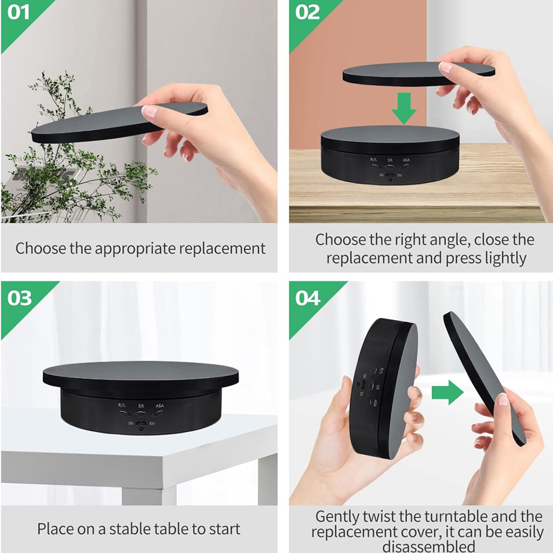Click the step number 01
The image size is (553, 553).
pos(19,12)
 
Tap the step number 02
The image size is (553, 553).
pos(308,12)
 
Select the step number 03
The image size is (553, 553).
pos(19,298)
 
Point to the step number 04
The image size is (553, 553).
pos(308,298)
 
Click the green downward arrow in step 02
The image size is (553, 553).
pos(404,109)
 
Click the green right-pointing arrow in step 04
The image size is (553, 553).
pos(447,392)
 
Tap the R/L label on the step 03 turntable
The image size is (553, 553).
pos(122,405)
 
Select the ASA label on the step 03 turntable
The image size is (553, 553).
pos(160,406)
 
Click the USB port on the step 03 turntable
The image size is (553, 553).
pos(141,423)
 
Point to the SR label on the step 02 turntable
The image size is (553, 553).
pos(390,160)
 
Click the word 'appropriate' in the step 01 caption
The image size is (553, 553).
pos(135,249)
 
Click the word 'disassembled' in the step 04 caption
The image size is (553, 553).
pos(429,546)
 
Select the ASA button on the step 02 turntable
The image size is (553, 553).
pos(405,166)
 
